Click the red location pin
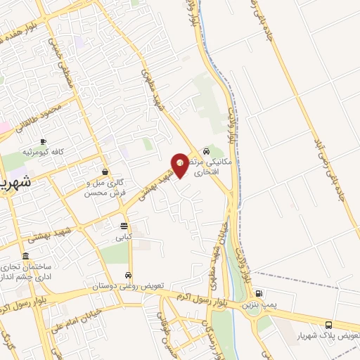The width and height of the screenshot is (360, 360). [x=180, y=165]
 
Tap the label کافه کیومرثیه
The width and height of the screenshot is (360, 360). [x=43, y=152]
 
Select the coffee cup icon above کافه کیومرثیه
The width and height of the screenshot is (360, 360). [x=43, y=142]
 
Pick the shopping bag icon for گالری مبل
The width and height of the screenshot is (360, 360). [x=105, y=172]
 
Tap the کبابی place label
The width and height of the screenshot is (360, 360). [x=124, y=238]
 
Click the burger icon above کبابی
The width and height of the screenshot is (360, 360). [x=124, y=226]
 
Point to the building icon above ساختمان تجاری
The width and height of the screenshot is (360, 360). [x=26, y=256]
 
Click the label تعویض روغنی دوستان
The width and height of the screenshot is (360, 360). [x=129, y=286]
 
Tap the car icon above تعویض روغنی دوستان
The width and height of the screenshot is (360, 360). [x=128, y=275]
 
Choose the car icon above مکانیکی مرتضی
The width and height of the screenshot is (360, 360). [x=206, y=150]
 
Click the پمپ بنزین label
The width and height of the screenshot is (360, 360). [x=259, y=304]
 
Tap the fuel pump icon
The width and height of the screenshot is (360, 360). [x=259, y=294]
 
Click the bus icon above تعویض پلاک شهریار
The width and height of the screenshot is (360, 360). [x=328, y=325]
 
